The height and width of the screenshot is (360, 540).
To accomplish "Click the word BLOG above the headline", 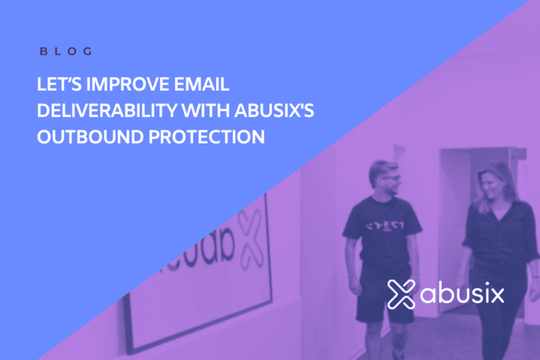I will [65, 51].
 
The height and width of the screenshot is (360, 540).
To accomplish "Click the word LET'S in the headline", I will [58, 86].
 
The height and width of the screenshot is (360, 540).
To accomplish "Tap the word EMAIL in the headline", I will [205, 86].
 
